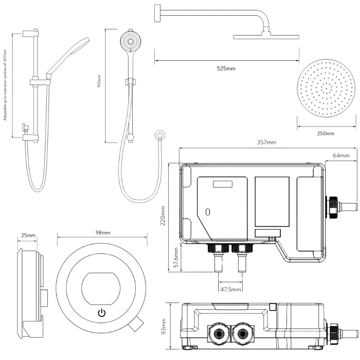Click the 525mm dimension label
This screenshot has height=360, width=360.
pyautogui.click(x=226, y=69)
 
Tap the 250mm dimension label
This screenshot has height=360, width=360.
pyautogui.click(x=325, y=134)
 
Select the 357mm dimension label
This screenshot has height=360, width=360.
pyautogui.click(x=266, y=143)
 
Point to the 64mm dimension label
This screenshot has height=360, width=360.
pyautogui.click(x=341, y=156)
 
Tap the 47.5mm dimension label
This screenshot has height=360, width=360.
pyautogui.click(x=230, y=289)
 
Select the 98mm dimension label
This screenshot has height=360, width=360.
pyautogui.click(x=103, y=233)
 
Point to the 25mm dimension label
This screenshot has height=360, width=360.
pyautogui.click(x=28, y=235)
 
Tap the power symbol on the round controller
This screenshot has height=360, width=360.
pyautogui.click(x=102, y=313)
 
